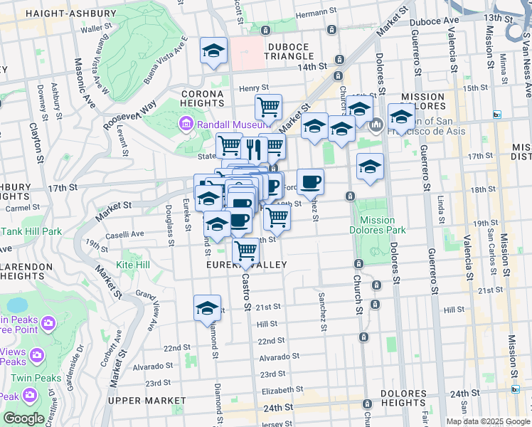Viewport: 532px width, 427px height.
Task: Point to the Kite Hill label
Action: click(x=134, y=265)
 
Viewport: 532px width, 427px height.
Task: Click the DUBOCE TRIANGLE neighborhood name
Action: click(x=290, y=56)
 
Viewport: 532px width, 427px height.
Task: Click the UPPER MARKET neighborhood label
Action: click(x=147, y=401)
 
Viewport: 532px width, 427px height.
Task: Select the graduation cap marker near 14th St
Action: click(x=213, y=51)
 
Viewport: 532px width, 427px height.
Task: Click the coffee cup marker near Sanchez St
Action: click(x=310, y=182)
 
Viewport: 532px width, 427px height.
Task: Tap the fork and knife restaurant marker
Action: click(x=253, y=148)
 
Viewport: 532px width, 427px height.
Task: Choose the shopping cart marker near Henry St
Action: click(x=268, y=107)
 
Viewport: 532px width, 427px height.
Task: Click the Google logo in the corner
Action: click(x=23, y=418)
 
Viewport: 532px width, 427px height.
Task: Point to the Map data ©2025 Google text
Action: click(x=487, y=421)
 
